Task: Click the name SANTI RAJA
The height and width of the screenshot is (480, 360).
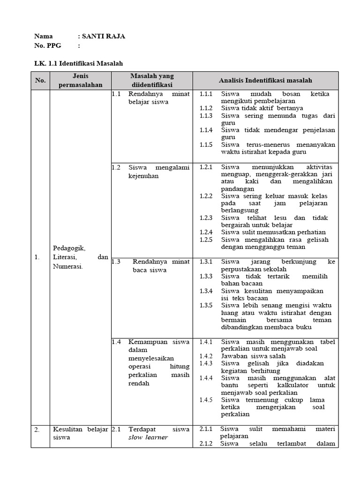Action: (x=104, y=37)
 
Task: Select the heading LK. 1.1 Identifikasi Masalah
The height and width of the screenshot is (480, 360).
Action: (x=79, y=63)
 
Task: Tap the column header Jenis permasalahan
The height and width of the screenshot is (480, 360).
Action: (x=81, y=80)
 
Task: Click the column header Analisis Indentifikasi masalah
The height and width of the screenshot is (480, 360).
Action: (x=265, y=81)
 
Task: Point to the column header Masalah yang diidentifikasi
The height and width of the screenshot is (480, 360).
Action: (x=151, y=80)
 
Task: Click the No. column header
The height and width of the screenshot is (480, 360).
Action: (x=40, y=81)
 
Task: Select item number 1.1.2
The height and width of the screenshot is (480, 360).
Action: (x=206, y=108)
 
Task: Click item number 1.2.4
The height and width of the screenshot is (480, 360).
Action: (x=206, y=232)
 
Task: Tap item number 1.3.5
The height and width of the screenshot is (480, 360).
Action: (x=206, y=305)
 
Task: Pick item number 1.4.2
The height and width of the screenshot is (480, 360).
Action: (x=206, y=356)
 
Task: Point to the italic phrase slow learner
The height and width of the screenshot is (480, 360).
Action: (x=148, y=437)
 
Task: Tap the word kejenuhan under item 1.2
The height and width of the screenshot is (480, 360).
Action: (x=143, y=176)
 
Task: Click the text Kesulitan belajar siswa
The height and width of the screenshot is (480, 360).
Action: (x=80, y=433)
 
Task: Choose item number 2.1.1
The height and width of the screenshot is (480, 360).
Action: (x=206, y=429)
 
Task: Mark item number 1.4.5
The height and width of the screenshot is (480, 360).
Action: (x=206, y=400)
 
